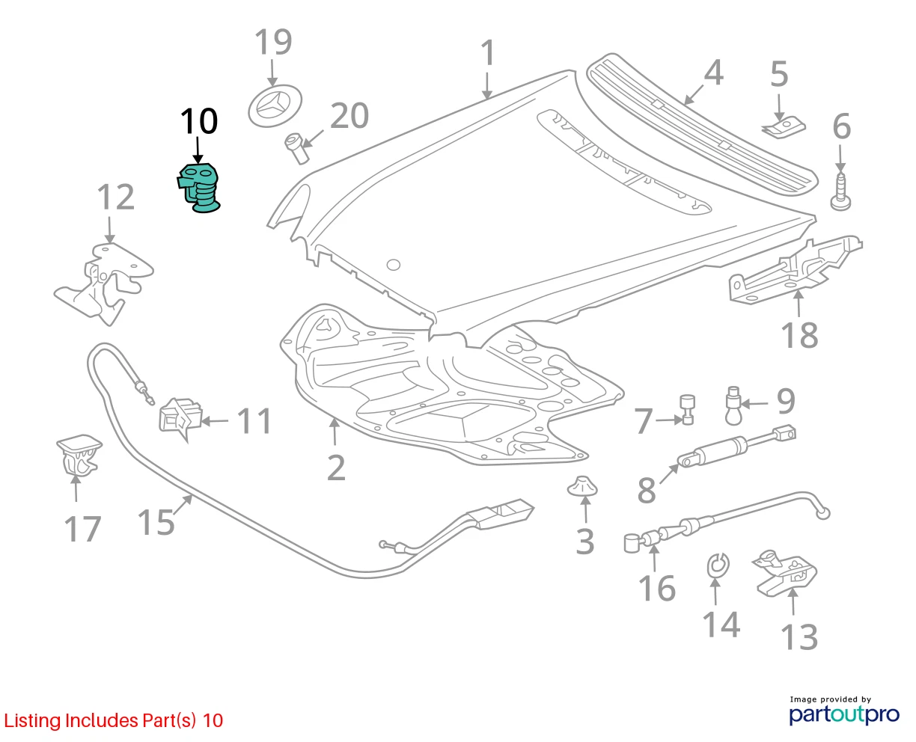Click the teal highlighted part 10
[x=198, y=188]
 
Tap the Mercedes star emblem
[x=275, y=105]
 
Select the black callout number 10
[x=198, y=121]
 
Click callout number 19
[x=273, y=42]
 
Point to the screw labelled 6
[x=840, y=191]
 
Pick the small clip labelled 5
[x=783, y=128]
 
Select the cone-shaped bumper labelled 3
[x=582, y=485]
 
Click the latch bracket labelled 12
[x=103, y=283]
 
